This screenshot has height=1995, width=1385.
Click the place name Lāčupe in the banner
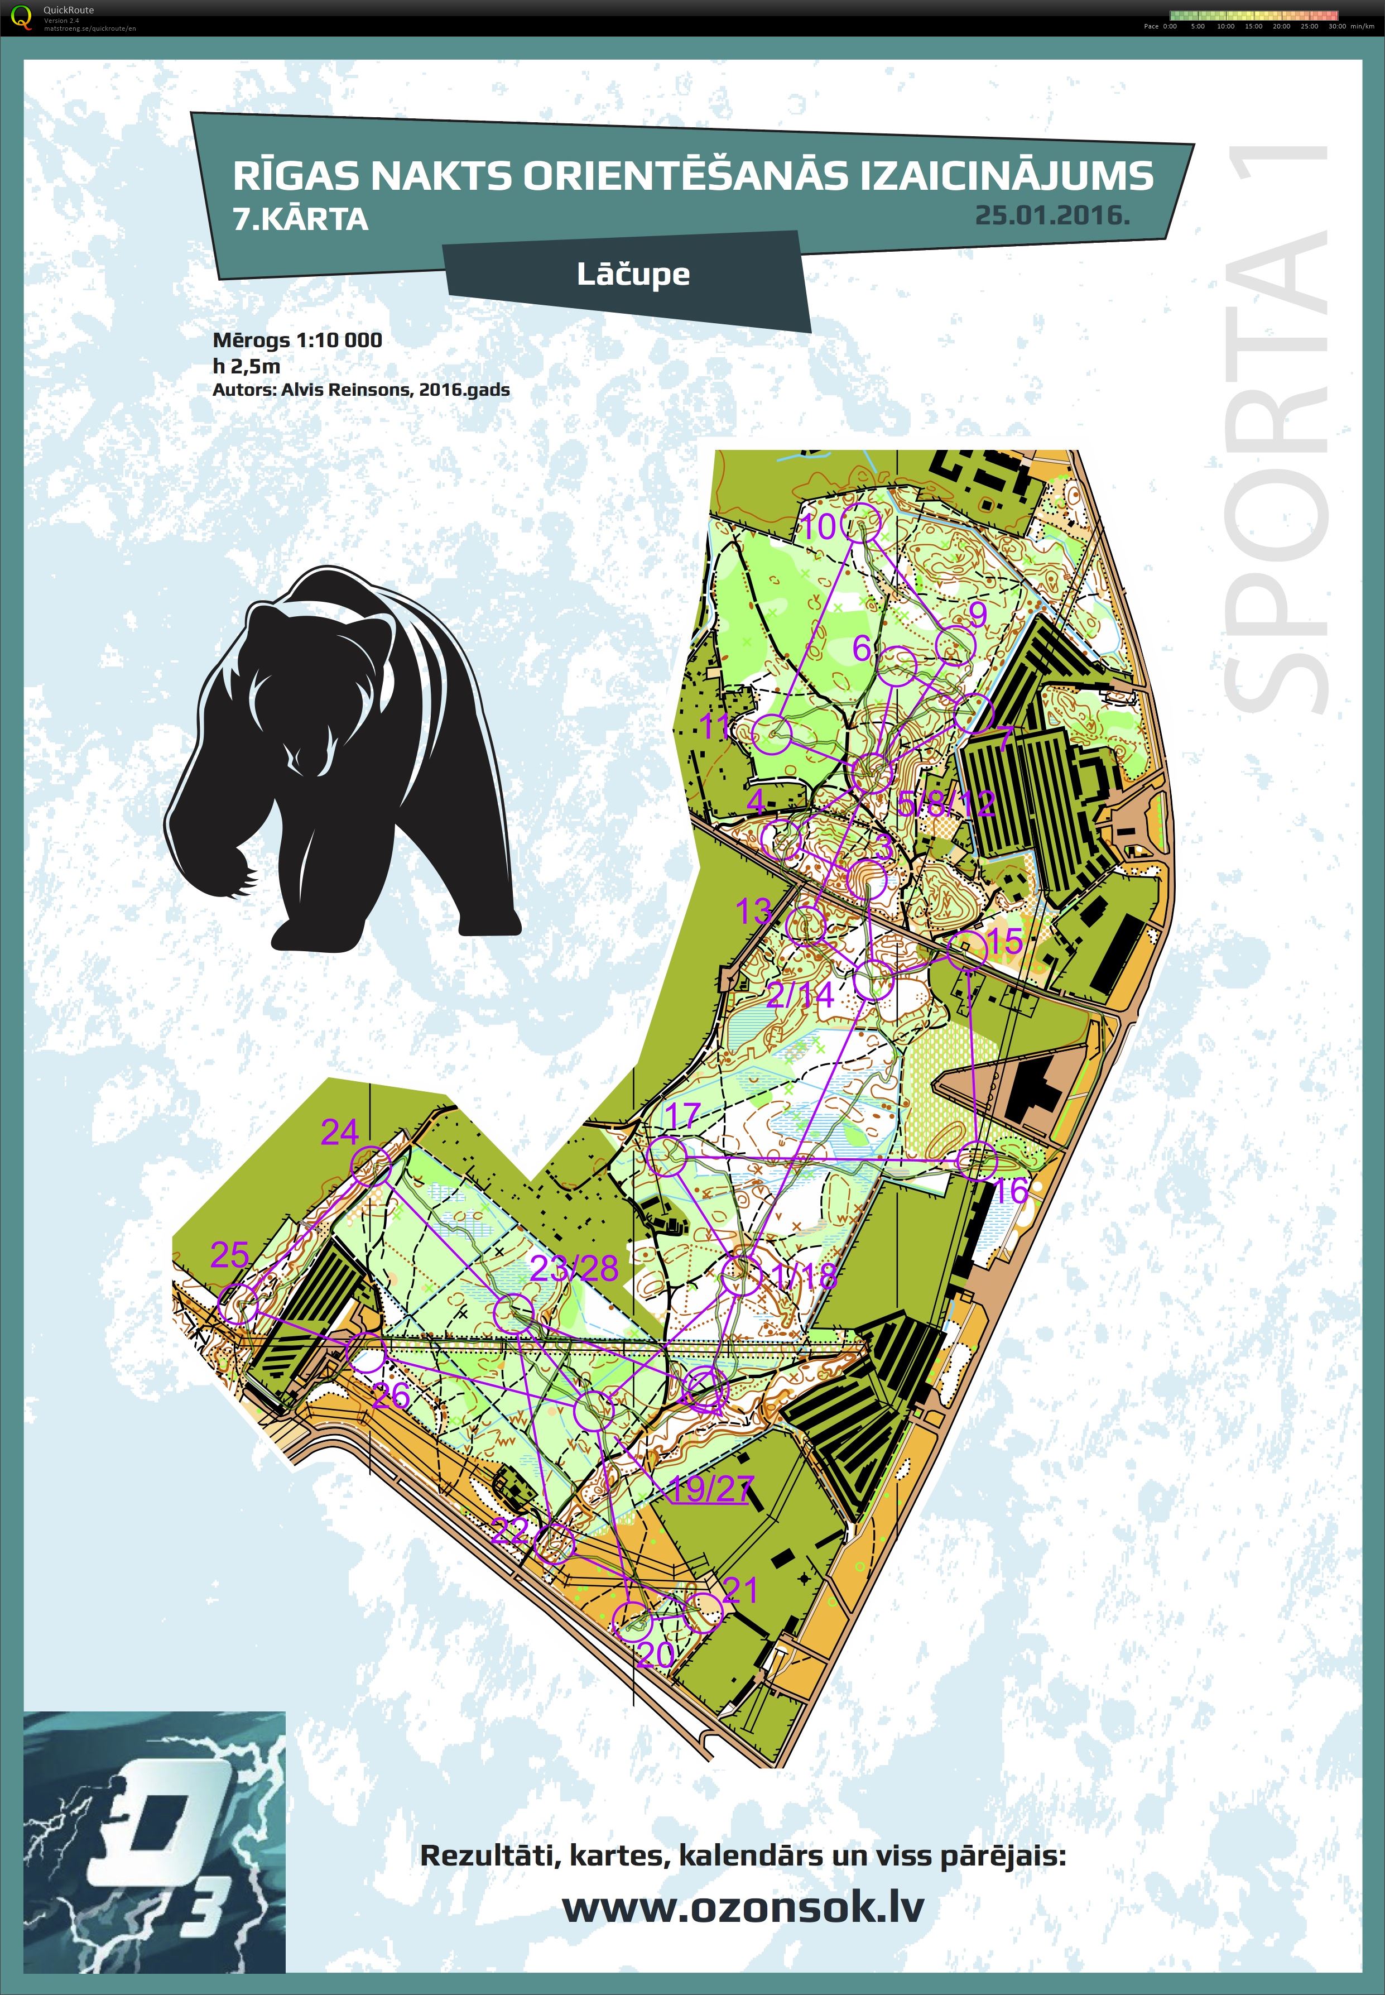pyautogui.click(x=633, y=274)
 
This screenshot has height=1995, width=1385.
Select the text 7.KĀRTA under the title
pyautogui.click(x=300, y=219)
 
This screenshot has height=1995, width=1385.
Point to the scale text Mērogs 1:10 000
pyautogui.click(x=297, y=339)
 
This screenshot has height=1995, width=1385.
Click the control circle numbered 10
pyautogui.click(x=863, y=524)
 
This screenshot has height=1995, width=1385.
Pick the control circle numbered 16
pyautogui.click(x=977, y=1160)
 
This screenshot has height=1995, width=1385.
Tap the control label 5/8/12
pyautogui.click(x=946, y=803)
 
